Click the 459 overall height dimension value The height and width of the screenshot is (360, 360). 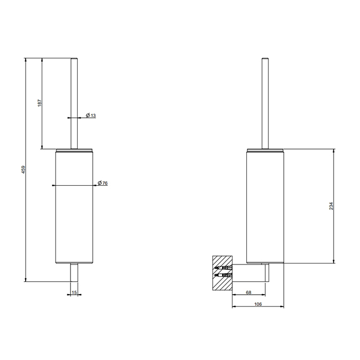point(24,169)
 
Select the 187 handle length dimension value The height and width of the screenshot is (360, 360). point(40,103)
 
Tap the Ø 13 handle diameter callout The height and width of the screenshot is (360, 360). point(91,115)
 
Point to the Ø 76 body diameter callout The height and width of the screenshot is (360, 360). point(103,183)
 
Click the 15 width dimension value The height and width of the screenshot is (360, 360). point(74,292)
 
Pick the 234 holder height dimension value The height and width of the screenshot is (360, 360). point(331,206)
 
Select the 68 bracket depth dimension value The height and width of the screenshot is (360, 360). point(248,292)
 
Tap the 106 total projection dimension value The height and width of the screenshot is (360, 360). point(258,304)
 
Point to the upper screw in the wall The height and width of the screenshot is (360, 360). point(223,268)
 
